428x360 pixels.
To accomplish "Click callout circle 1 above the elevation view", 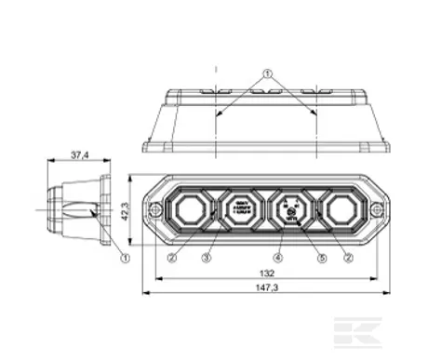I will pyautogui.click(x=267, y=73).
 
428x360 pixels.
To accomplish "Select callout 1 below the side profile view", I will pyautogui.click(x=125, y=258).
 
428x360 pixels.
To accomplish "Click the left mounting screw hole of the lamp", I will pyautogui.click(x=154, y=211).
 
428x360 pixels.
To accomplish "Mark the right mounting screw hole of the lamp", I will pyautogui.click(x=376, y=211).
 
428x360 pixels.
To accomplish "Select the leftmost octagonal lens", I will pyautogui.click(x=189, y=209).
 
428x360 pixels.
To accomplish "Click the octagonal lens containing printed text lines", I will pyautogui.click(x=240, y=209).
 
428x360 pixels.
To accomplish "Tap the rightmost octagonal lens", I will pyautogui.click(x=341, y=209).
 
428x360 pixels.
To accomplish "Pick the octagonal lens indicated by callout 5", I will pyautogui.click(x=290, y=210).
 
